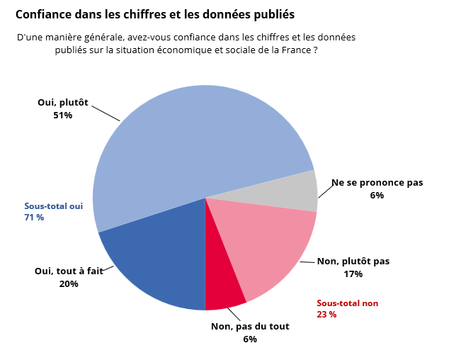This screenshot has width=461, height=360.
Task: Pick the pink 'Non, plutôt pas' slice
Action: click(269, 241)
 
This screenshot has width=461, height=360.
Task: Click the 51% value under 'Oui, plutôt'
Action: click(62, 115)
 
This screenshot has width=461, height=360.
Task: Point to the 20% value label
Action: click(69, 283)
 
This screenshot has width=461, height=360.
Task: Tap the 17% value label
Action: click(353, 274)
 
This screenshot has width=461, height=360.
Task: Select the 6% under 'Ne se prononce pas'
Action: click(377, 195)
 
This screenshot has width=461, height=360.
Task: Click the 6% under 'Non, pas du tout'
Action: click(249, 339)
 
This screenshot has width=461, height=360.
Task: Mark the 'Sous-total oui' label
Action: click(54, 206)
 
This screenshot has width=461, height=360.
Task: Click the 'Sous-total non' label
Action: click(347, 303)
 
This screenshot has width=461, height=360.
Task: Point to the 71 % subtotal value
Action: click(34, 218)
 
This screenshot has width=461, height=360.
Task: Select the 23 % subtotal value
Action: click(326, 315)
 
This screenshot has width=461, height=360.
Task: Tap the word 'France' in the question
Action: click(295, 50)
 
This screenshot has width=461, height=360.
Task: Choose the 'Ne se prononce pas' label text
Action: click(377, 182)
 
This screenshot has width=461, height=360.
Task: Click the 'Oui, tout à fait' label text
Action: click(69, 271)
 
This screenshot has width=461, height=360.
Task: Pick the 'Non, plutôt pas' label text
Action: click(353, 261)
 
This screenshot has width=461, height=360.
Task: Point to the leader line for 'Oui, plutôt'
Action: click(106, 113)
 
